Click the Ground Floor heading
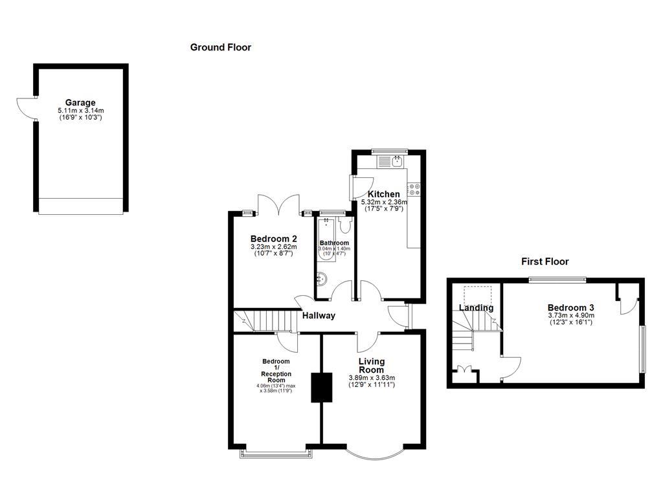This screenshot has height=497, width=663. point(220,47)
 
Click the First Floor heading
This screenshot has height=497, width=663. point(545,261)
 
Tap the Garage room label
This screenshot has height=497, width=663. point(80,102)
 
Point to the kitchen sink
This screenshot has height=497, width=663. point(397,160)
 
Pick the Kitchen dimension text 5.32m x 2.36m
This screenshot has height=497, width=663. point(384,203)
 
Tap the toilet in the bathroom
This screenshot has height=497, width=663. point(344,225)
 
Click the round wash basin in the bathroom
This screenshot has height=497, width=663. point(321,279)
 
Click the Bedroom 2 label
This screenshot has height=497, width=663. point(273,238)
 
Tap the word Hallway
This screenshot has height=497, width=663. point(319,316)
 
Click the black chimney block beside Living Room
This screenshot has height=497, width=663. point(321,388)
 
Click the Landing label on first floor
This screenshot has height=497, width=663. point(477,308)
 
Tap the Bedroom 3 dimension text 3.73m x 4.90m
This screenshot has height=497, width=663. point(571,316)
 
